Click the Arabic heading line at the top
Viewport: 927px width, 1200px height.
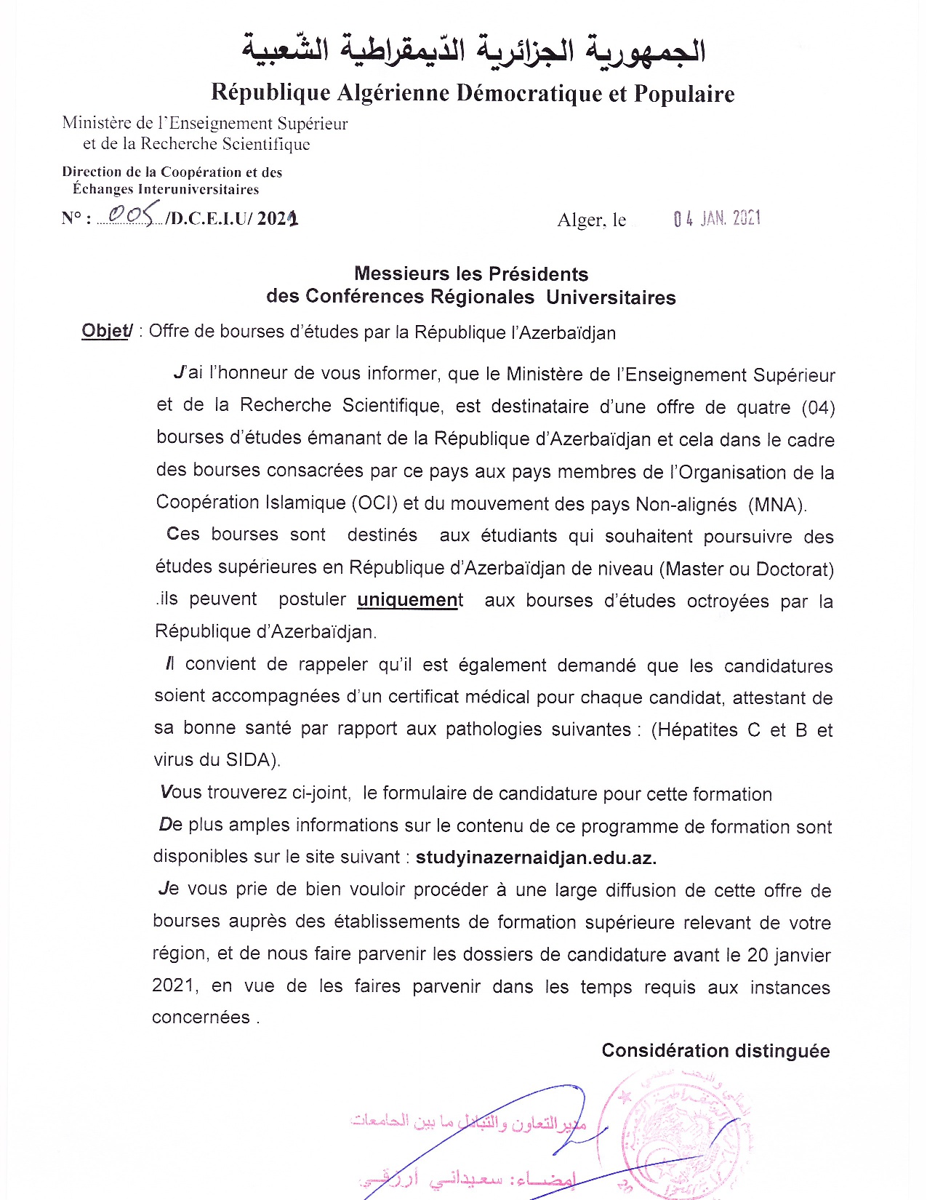click(x=473, y=51)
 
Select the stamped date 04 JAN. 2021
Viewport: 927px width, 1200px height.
click(x=717, y=218)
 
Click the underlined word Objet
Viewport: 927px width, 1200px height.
click(x=105, y=331)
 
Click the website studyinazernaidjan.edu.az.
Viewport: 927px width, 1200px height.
click(x=536, y=857)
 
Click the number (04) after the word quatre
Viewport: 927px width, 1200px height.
click(x=817, y=407)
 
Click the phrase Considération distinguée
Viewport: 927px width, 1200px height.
click(x=715, y=1051)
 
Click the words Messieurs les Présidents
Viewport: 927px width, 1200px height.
click(x=471, y=274)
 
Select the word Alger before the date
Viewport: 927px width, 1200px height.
click(x=579, y=220)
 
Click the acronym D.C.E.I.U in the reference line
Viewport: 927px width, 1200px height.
click(x=209, y=218)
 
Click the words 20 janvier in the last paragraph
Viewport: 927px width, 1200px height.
click(x=789, y=955)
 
